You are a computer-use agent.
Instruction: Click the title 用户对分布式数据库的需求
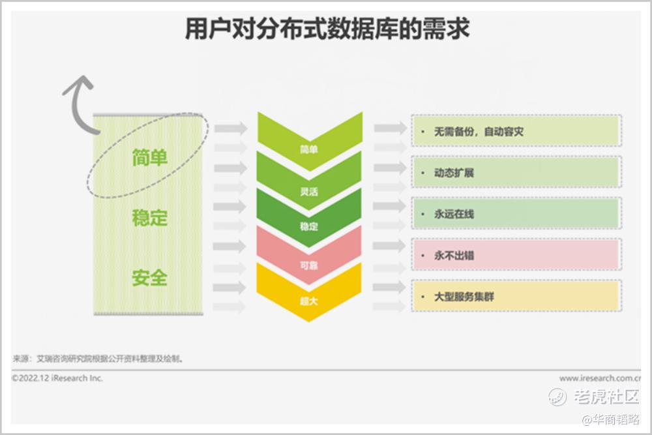point(327,29)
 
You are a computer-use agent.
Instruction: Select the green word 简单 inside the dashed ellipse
point(150,158)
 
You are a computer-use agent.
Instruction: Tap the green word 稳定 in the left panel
point(150,218)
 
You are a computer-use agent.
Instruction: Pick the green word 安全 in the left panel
point(150,278)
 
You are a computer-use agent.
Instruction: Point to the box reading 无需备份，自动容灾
point(516,131)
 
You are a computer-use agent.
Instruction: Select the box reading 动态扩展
point(516,172)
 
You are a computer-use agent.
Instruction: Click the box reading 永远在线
point(516,213)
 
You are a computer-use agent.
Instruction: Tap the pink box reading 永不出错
point(516,254)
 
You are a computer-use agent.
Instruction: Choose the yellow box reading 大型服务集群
point(516,295)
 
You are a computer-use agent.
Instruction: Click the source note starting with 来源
point(98,358)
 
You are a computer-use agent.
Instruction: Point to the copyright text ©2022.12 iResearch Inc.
point(57,378)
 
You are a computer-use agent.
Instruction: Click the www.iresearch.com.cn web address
point(600,378)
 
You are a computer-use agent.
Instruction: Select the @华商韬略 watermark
point(611,419)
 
